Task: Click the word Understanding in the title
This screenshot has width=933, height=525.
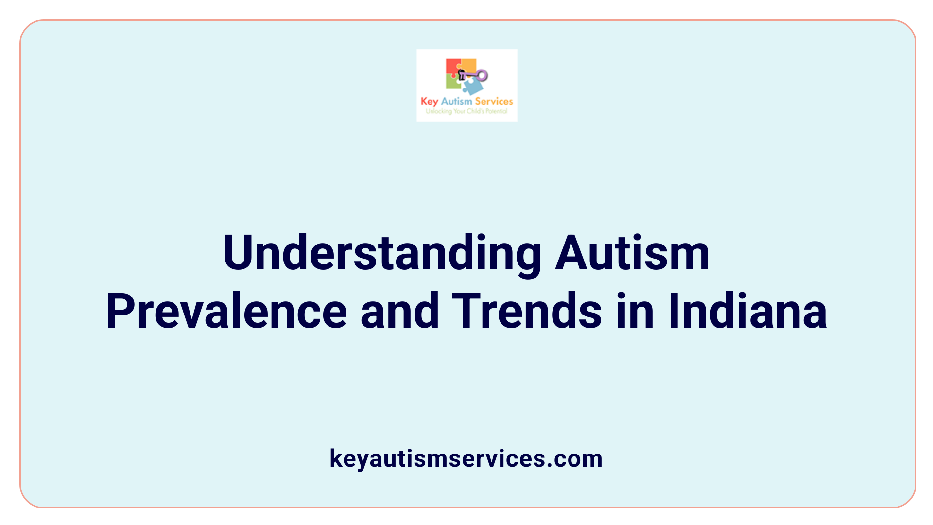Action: point(382,253)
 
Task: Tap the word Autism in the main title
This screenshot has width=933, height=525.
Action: point(632,253)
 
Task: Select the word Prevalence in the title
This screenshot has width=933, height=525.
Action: point(226,311)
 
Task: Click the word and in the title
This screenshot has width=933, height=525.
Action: point(399,311)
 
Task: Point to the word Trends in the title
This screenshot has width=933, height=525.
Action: point(527,311)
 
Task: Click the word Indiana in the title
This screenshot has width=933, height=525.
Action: point(747,311)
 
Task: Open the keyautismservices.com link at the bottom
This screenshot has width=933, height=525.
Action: point(466,458)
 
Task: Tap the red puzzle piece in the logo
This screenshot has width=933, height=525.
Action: point(452,67)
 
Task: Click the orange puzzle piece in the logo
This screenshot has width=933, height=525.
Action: point(468,65)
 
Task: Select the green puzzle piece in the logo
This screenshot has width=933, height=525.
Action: point(453,83)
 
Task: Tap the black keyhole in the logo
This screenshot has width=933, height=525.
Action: point(462,74)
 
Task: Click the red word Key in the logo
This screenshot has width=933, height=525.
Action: point(429,102)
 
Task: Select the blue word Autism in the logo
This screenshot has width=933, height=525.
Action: point(456,102)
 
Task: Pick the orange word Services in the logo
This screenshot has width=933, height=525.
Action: point(494,102)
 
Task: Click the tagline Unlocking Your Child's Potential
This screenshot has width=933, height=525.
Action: point(466,111)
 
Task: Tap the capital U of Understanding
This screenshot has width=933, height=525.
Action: point(239,253)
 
